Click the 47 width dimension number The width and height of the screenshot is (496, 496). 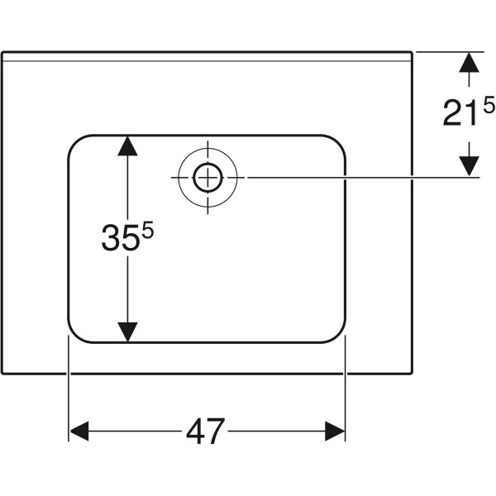coord(205,431)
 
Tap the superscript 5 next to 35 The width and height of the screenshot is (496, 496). coord(148,231)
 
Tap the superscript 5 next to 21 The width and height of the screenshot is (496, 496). coord(489,105)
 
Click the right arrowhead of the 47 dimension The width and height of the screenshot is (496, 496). coord(335,431)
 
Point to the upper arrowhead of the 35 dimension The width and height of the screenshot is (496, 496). coord(126,145)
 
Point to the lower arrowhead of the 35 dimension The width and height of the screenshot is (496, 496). coord(126,331)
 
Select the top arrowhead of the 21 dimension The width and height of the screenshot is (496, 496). coord(469,62)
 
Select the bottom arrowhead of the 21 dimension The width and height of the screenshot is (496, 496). coord(469,166)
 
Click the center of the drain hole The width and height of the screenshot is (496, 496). coord(207,177)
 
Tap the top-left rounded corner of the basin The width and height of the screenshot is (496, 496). coord(74,141)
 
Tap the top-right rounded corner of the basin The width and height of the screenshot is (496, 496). coord(339,141)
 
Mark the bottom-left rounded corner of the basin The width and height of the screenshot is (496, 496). coord(74,336)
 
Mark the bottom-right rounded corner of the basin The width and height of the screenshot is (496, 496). coord(339,336)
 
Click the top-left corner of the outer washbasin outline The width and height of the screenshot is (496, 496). coord(2,52)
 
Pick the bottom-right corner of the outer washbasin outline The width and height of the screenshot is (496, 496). coord(412,373)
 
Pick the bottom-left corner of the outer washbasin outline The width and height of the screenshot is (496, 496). coord(2,373)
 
